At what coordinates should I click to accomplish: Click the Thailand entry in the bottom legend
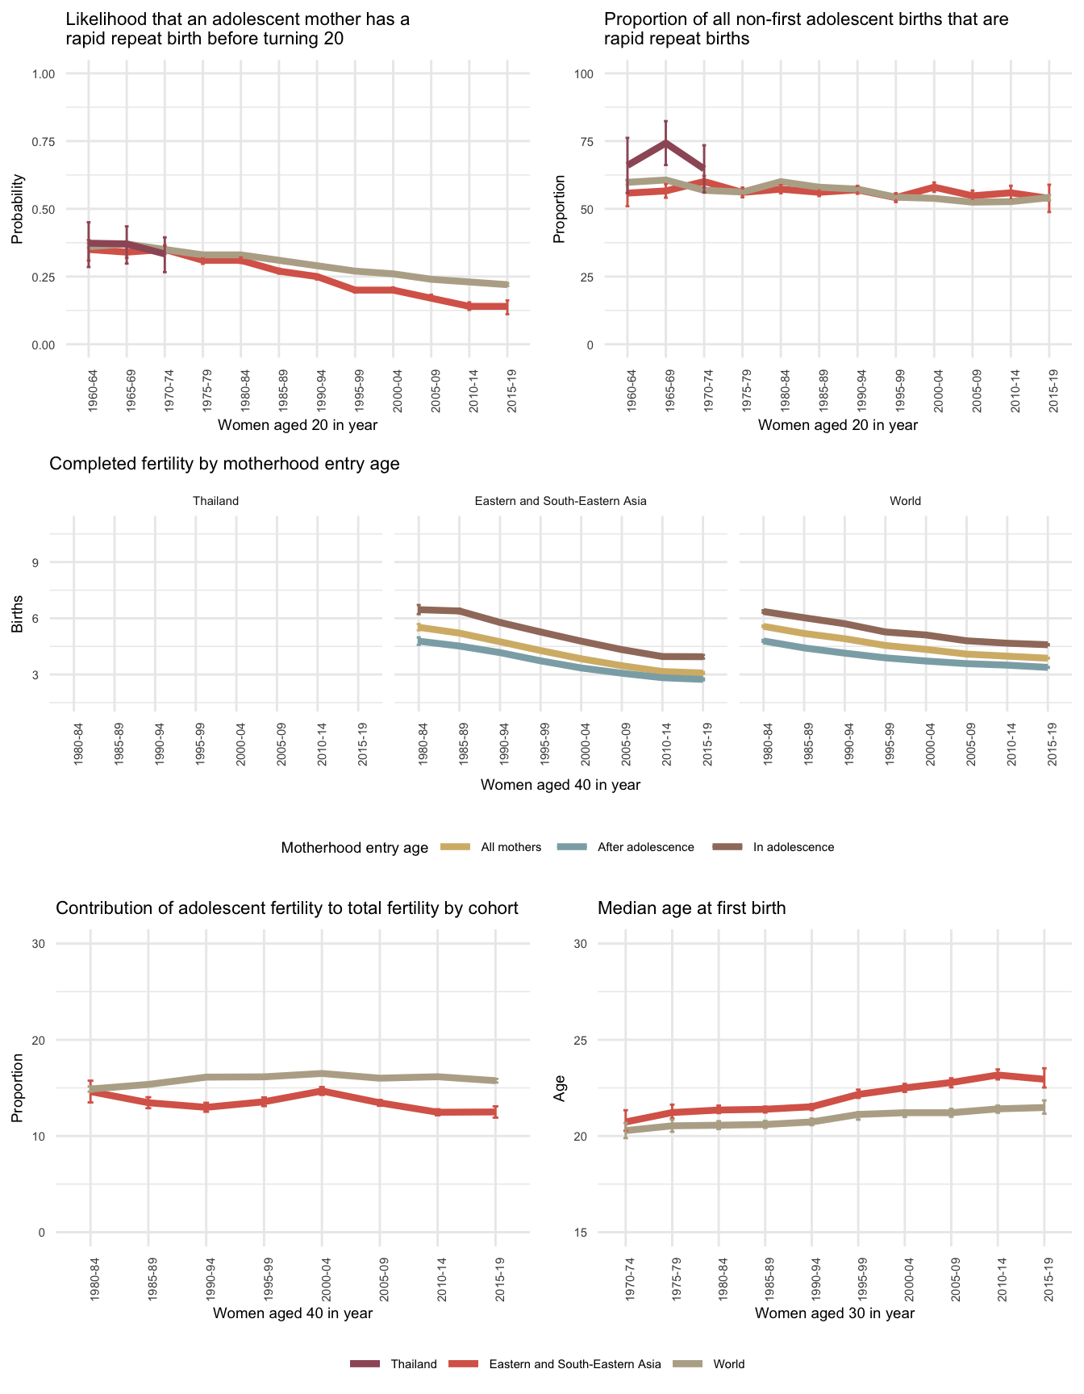pyautogui.click(x=413, y=1364)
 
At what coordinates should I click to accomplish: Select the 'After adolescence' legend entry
pyautogui.click(x=645, y=847)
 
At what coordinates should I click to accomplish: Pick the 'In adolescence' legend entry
pyautogui.click(x=793, y=847)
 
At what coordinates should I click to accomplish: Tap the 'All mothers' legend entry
pyautogui.click(x=511, y=847)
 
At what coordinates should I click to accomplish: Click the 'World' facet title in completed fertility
pyautogui.click(x=905, y=501)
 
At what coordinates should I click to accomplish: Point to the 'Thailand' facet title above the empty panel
pyautogui.click(x=216, y=501)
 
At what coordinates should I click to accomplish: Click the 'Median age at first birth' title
pyautogui.click(x=691, y=908)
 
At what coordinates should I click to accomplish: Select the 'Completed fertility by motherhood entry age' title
pyautogui.click(x=224, y=464)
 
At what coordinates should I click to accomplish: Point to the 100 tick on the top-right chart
pyautogui.click(x=583, y=74)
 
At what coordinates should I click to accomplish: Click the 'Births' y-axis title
pyautogui.click(x=17, y=618)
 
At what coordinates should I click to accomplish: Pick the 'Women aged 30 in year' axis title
pyautogui.click(x=835, y=1313)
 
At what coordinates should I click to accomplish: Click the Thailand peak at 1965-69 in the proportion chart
pyautogui.click(x=665, y=142)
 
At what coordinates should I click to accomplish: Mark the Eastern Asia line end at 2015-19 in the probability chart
pyautogui.click(x=507, y=307)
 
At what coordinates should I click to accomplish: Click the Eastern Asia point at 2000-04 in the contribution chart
pyautogui.click(x=322, y=1091)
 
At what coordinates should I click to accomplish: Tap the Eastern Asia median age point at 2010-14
pyautogui.click(x=998, y=1075)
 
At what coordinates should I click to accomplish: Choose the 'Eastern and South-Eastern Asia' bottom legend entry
pyautogui.click(x=574, y=1364)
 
